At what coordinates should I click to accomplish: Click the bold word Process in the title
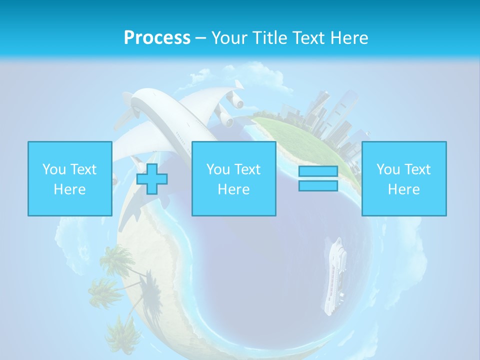click(x=157, y=38)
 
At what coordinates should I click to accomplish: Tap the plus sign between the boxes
click(x=152, y=179)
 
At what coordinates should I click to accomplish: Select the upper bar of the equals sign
click(x=318, y=171)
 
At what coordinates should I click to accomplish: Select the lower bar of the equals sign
click(x=318, y=186)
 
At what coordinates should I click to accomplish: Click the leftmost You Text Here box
click(x=69, y=178)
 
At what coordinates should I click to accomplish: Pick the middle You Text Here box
click(x=233, y=178)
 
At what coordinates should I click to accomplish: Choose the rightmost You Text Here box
click(x=403, y=178)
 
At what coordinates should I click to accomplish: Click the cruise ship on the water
click(x=334, y=277)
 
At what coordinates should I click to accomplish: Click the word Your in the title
click(x=229, y=38)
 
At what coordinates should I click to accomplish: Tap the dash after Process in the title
click(x=200, y=38)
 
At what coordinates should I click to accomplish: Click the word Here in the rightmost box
click(x=403, y=189)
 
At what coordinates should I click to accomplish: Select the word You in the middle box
click(x=218, y=169)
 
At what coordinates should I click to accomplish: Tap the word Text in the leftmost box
click(x=83, y=169)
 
